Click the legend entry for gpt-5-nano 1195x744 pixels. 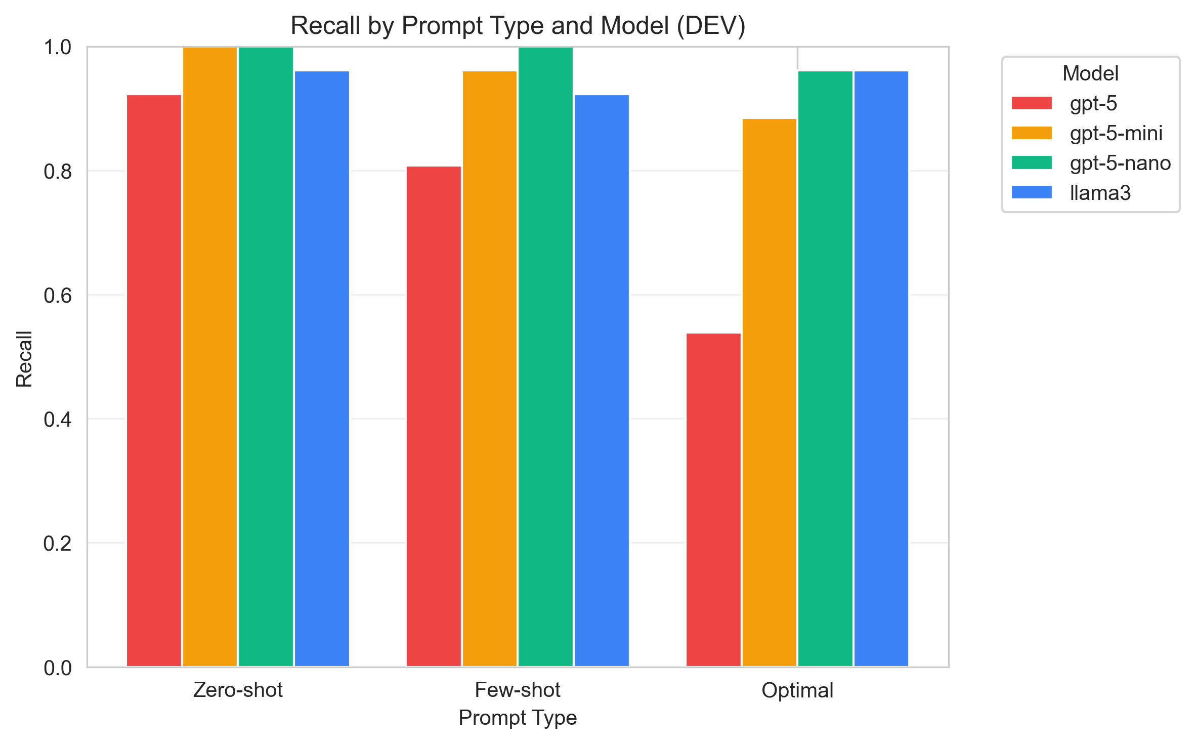pos(1120,163)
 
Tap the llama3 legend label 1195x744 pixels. pos(1100,193)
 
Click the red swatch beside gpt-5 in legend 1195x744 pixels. pos(1032,103)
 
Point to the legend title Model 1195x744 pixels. pos(1090,73)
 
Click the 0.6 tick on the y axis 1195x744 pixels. pos(58,296)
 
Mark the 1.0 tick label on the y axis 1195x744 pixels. pos(58,48)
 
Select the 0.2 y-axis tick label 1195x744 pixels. pos(58,544)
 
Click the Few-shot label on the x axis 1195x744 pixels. pos(517,690)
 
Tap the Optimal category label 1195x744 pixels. pos(797,690)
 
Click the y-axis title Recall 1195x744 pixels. pos(24,358)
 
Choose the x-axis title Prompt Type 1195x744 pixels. pos(517,718)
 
